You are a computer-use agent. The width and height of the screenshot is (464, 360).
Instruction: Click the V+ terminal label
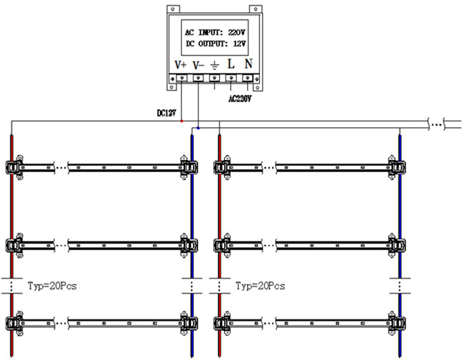click(x=180, y=65)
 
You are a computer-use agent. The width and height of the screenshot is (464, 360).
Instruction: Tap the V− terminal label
click(x=198, y=65)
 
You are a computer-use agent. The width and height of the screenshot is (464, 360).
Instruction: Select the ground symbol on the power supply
click(x=215, y=65)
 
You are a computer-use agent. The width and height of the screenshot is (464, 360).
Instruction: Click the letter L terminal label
click(x=231, y=64)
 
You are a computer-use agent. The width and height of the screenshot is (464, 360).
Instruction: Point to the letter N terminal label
click(x=248, y=64)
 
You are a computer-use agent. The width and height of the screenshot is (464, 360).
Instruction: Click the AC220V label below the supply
click(x=240, y=99)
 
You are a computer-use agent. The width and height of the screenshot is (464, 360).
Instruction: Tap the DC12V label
click(x=166, y=113)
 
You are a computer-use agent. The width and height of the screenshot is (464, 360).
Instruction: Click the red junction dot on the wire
click(x=182, y=121)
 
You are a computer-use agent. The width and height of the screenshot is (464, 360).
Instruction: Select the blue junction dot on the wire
click(x=198, y=128)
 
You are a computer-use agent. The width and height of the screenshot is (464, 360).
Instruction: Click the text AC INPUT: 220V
click(x=215, y=32)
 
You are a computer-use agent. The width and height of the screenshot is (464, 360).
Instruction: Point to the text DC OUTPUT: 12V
click(x=216, y=44)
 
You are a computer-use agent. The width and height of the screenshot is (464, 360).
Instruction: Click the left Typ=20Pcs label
click(x=52, y=286)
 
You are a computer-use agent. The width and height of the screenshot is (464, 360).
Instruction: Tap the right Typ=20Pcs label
click(x=261, y=286)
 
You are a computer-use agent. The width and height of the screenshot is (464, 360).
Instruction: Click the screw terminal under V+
click(x=182, y=78)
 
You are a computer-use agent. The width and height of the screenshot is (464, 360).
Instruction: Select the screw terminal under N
click(x=248, y=78)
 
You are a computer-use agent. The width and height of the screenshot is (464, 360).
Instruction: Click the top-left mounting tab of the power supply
click(x=173, y=9)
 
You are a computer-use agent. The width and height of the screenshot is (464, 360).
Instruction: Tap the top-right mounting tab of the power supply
click(x=256, y=9)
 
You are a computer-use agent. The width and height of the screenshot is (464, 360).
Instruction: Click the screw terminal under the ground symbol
click(x=215, y=78)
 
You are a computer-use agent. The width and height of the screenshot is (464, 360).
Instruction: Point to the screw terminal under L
click(x=231, y=78)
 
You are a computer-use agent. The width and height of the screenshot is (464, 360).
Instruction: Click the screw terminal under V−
click(x=198, y=78)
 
